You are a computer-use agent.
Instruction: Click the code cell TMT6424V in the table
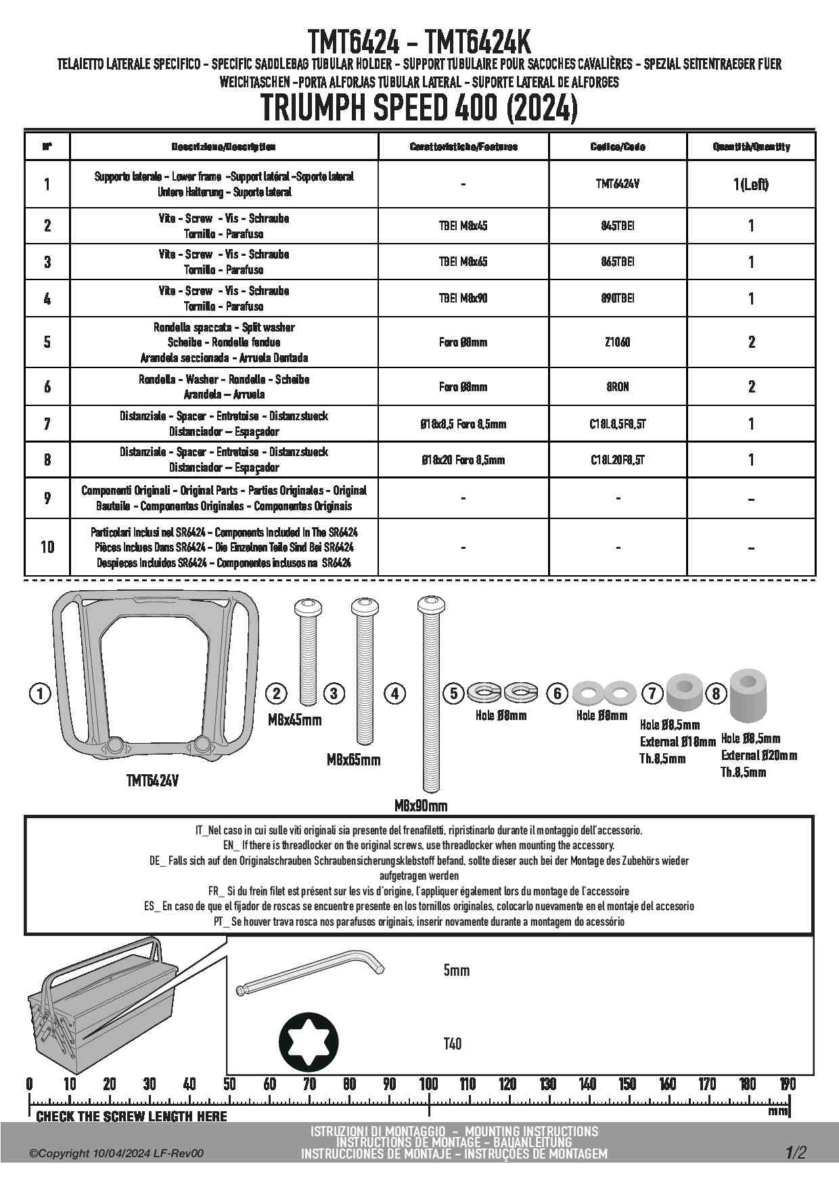(x=617, y=183)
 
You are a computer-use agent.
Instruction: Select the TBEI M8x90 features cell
(x=463, y=298)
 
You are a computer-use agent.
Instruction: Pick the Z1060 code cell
(x=617, y=342)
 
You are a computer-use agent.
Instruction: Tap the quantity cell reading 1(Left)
(x=751, y=184)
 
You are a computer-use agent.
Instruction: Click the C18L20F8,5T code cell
(x=617, y=460)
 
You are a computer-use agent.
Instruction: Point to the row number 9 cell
(x=47, y=498)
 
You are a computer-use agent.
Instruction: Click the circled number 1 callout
(x=41, y=694)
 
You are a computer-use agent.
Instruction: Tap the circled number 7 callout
(x=652, y=693)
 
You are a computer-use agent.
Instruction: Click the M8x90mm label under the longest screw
(x=420, y=806)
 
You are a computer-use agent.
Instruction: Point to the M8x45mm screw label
(x=294, y=719)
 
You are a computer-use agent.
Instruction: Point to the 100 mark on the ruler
(x=428, y=1084)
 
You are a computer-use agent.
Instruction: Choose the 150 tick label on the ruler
(x=627, y=1084)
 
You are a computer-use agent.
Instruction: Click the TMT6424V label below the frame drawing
(x=152, y=780)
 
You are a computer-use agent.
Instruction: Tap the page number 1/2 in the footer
(x=796, y=1152)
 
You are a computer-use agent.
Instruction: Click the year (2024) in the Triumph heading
(x=541, y=108)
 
